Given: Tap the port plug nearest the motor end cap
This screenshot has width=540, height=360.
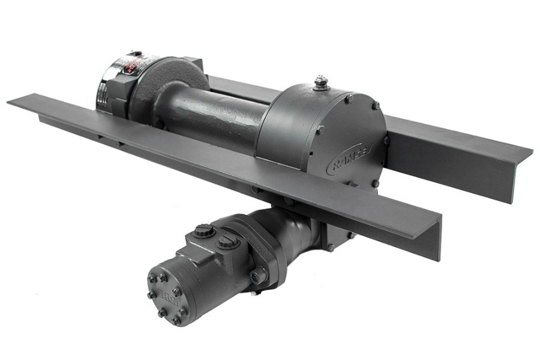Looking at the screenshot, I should point(205,230).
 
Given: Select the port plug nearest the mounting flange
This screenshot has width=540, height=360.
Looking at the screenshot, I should point(227,242).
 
